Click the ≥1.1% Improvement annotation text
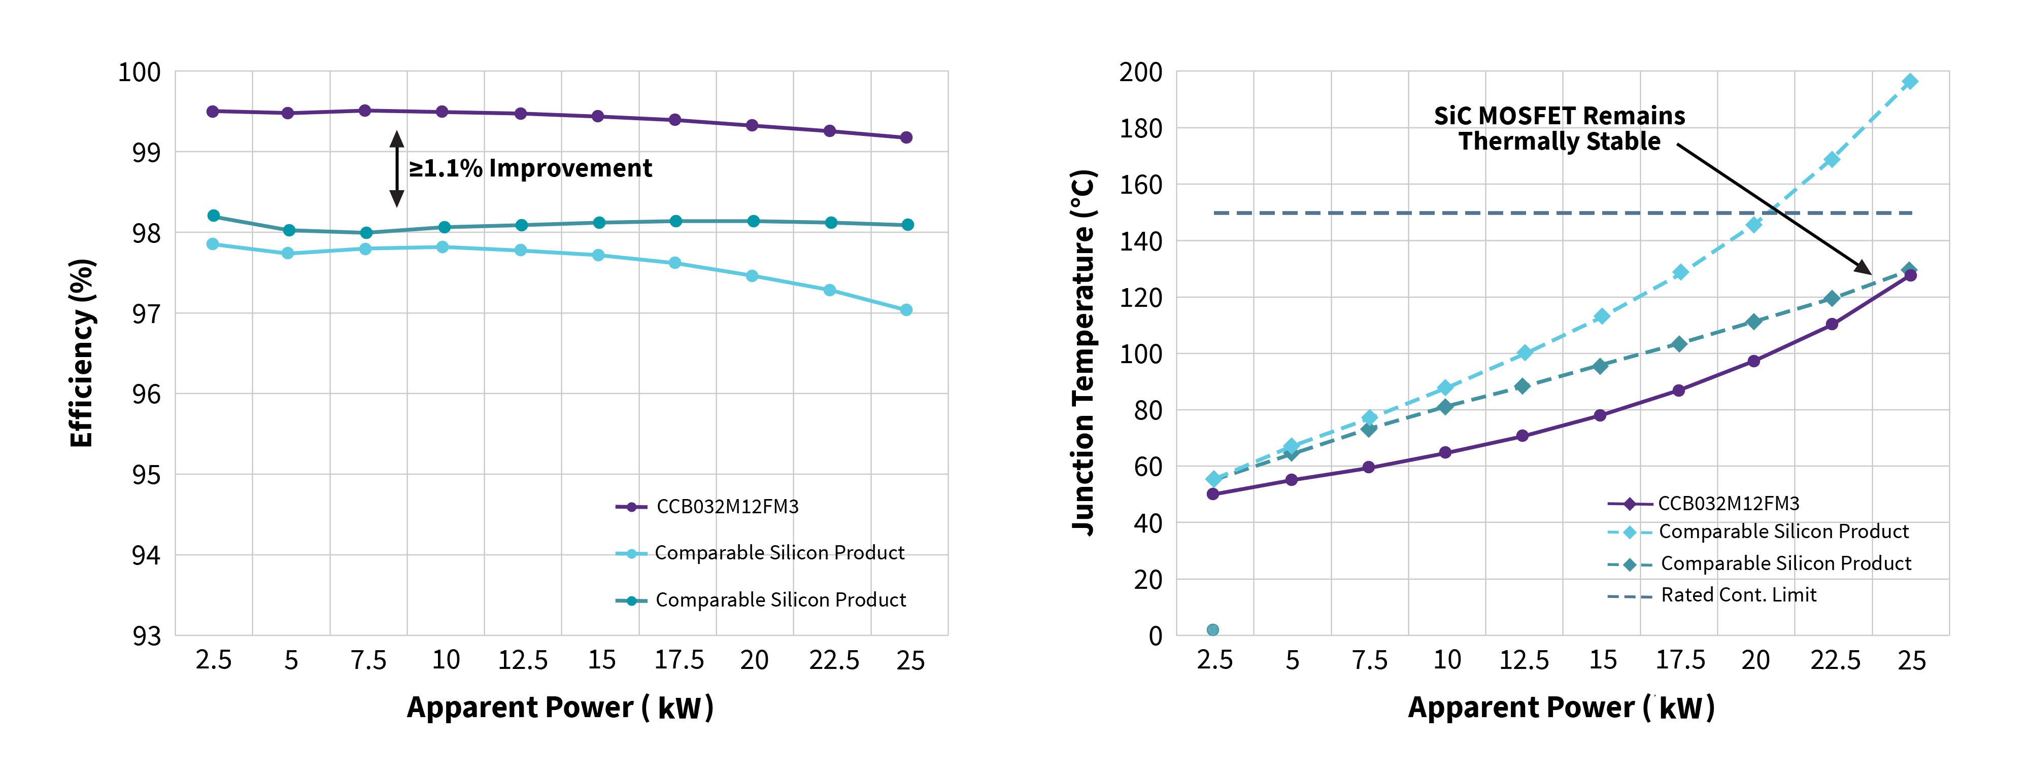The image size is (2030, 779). click(x=529, y=168)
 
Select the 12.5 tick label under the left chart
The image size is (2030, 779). click(x=522, y=660)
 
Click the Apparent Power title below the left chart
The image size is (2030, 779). click(x=559, y=707)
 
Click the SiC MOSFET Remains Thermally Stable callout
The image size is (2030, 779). click(x=1559, y=128)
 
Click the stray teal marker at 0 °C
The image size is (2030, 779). click(x=1213, y=629)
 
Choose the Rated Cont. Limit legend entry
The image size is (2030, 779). click(x=1738, y=595)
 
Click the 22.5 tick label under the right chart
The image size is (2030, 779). click(x=1835, y=660)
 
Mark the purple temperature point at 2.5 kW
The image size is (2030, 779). click(x=1213, y=494)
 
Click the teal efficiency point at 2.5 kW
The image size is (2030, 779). click(x=214, y=216)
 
